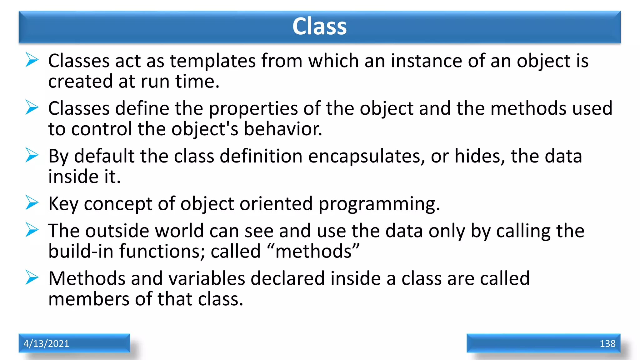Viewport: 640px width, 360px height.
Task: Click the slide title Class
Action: point(319,26)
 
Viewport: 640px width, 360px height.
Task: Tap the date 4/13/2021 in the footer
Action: point(46,343)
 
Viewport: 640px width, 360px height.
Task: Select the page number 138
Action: point(607,343)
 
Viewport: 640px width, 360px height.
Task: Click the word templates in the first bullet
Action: point(212,61)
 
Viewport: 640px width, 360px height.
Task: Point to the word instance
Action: point(426,61)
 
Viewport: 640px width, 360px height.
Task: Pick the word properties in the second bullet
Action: point(253,109)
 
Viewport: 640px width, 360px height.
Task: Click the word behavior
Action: point(282,129)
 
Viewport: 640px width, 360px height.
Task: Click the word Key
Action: point(63,204)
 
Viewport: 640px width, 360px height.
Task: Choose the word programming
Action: point(379,204)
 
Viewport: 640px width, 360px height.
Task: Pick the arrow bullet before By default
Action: point(32,155)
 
